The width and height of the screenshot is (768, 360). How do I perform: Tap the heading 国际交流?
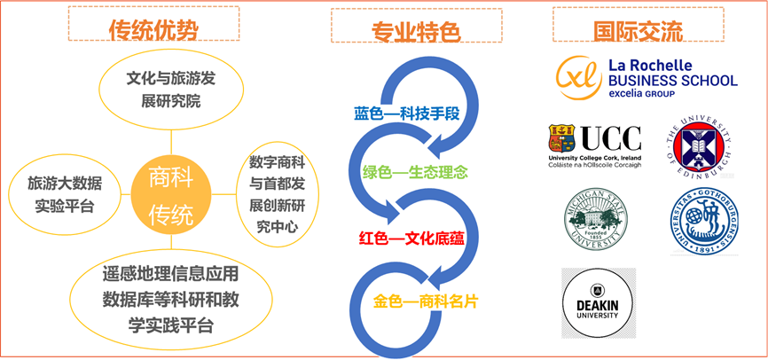pos(638,32)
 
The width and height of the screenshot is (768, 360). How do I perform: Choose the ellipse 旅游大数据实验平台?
pos(65,195)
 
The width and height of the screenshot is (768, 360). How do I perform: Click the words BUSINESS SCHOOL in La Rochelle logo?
pos(672,80)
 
